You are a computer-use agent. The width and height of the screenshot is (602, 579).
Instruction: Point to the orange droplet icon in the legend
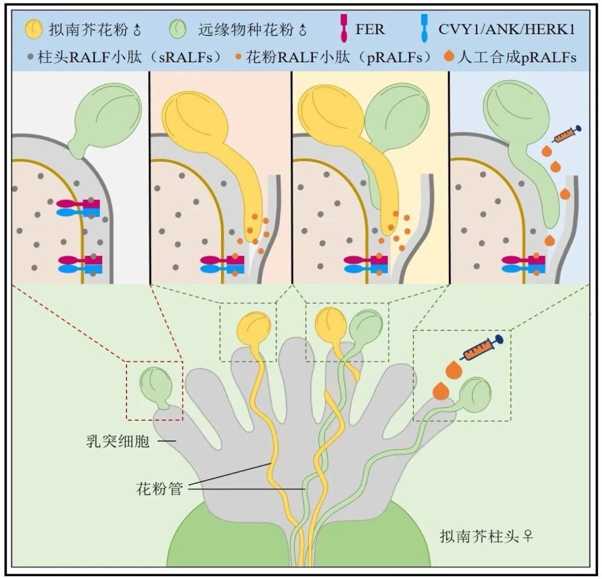click(x=449, y=57)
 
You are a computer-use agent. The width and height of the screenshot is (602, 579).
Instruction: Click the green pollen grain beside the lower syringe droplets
click(x=474, y=394)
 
